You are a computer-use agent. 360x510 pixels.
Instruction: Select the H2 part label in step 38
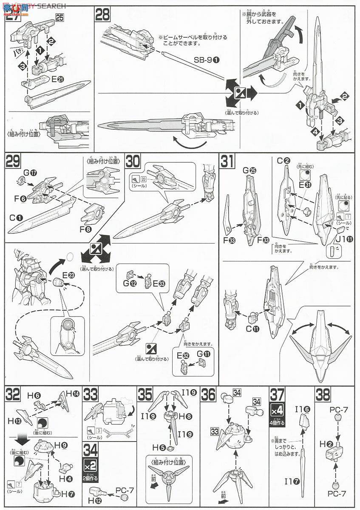coord(324,454)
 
